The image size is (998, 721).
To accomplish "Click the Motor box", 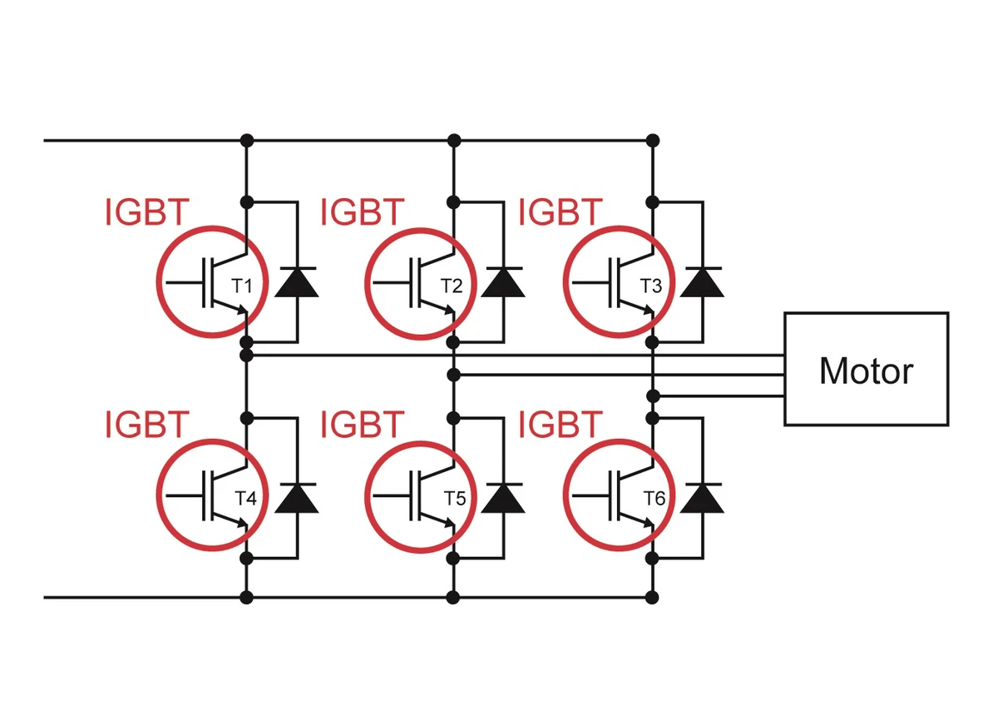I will pyautogui.click(x=866, y=369).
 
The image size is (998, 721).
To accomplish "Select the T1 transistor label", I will pyautogui.click(x=242, y=286).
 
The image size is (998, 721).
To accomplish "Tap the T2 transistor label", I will pyautogui.click(x=452, y=286).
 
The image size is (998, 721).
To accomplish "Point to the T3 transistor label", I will pyautogui.click(x=651, y=286).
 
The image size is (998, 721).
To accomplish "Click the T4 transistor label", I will pyautogui.click(x=245, y=499).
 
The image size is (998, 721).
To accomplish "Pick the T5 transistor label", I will pyautogui.click(x=454, y=499).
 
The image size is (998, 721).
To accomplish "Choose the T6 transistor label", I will pyautogui.click(x=655, y=499).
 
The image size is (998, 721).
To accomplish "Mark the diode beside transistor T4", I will pyautogui.click(x=296, y=497).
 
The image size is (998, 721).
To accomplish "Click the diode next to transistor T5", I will pyautogui.click(x=503, y=497).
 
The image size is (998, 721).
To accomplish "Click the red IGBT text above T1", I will pyautogui.click(x=147, y=213).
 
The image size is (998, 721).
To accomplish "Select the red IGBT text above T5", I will pyautogui.click(x=363, y=425).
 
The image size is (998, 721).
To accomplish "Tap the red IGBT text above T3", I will pyautogui.click(x=560, y=213).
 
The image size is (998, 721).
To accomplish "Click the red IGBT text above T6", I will pyautogui.click(x=560, y=425).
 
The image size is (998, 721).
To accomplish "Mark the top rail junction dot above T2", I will pyautogui.click(x=453, y=139).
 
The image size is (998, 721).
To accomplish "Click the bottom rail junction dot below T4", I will pyautogui.click(x=246, y=597).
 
